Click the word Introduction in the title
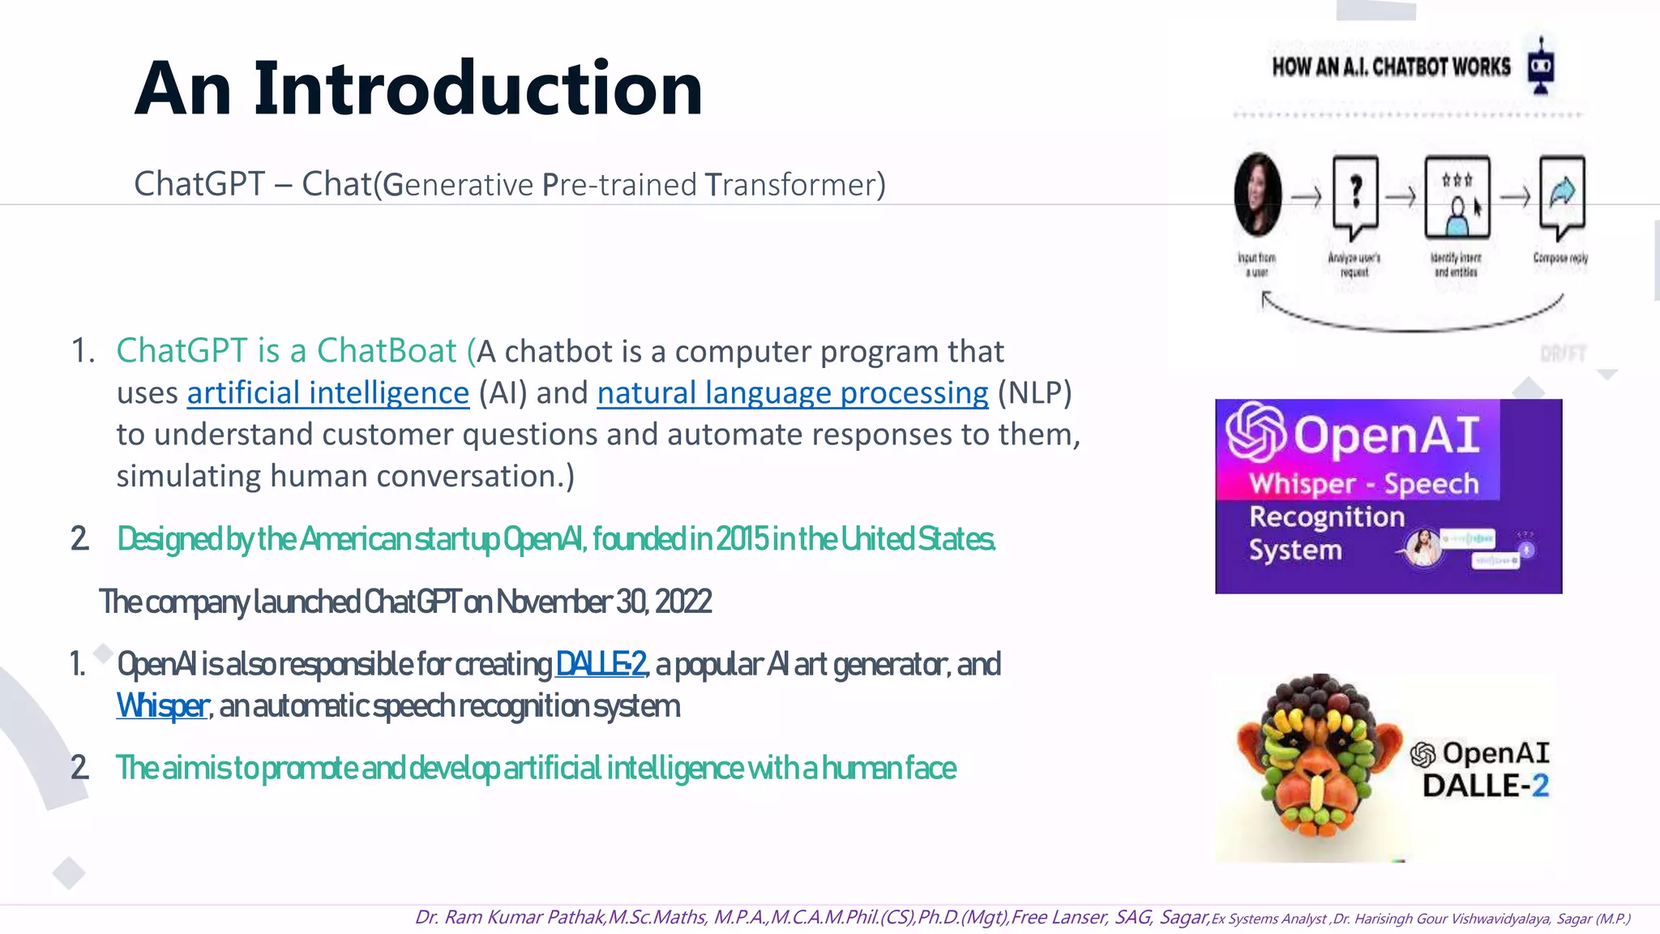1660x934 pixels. [x=478, y=89]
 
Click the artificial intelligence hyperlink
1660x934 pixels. [x=327, y=393]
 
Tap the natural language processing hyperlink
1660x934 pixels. [x=792, y=393]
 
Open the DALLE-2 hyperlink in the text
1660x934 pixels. [x=600, y=664]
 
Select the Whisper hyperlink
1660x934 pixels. [x=162, y=706]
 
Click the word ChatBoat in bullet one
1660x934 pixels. [x=387, y=351]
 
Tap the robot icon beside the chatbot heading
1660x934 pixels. [x=1540, y=66]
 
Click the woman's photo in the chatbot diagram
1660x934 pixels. [x=1258, y=195]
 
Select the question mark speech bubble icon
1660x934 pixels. [x=1355, y=195]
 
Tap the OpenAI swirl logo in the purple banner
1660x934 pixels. [x=1255, y=432]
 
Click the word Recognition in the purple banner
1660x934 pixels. [x=1326, y=517]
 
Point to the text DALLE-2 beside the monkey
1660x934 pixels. [x=1485, y=786]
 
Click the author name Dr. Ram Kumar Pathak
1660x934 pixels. [x=510, y=917]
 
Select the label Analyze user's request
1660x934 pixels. [x=1354, y=264]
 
